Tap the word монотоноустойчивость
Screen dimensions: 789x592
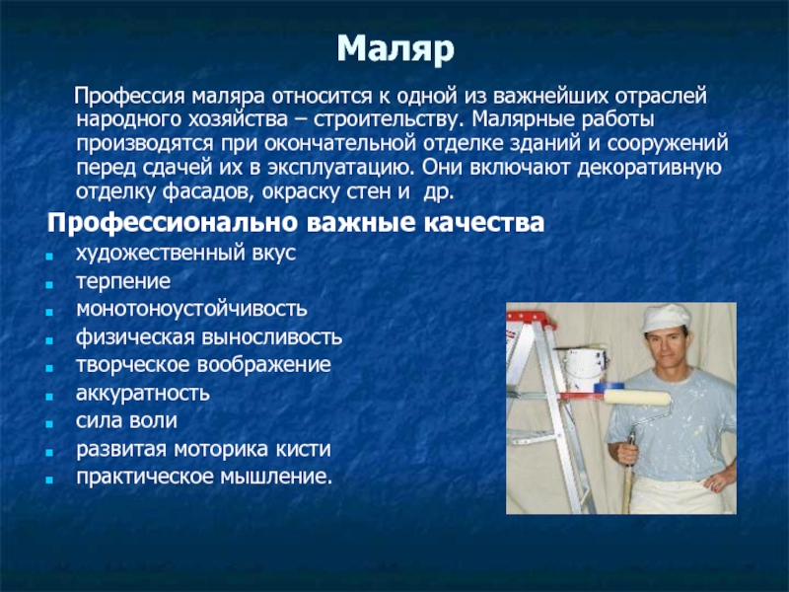point(191,309)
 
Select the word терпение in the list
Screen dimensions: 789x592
point(123,281)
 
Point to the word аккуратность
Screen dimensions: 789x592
point(142,393)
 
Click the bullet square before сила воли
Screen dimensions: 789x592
point(48,424)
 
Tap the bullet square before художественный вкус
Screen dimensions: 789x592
point(48,257)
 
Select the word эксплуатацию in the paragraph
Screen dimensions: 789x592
point(339,168)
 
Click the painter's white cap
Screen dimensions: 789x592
point(666,318)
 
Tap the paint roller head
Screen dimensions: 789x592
point(637,398)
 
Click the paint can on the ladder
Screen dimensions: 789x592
point(585,369)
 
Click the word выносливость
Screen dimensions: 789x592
point(272,337)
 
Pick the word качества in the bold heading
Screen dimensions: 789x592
point(483,223)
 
